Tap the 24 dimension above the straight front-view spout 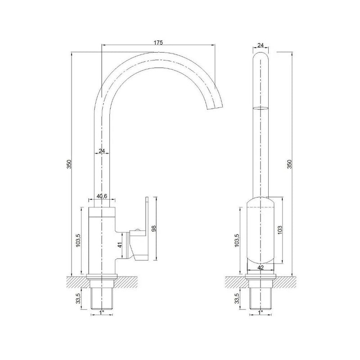coord(261,45)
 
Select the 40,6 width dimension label coord(101,196)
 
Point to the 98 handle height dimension coord(154,229)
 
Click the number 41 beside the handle coord(120,245)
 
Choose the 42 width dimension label coord(260,267)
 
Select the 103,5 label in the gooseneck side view coord(78,241)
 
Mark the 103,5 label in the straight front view coord(238,241)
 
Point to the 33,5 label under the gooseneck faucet coord(78,298)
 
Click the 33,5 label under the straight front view coord(238,298)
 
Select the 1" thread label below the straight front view coord(260,311)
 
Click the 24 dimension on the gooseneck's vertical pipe coord(102,151)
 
